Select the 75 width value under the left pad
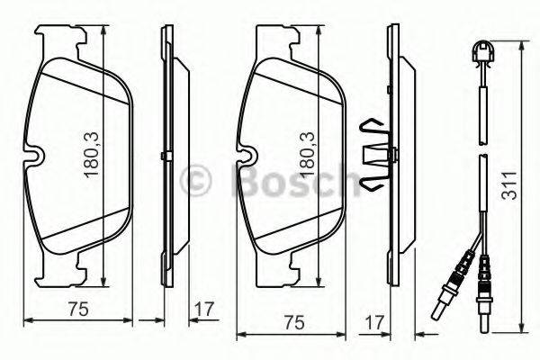pos(77,309)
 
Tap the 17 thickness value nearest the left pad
pos(204,309)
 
